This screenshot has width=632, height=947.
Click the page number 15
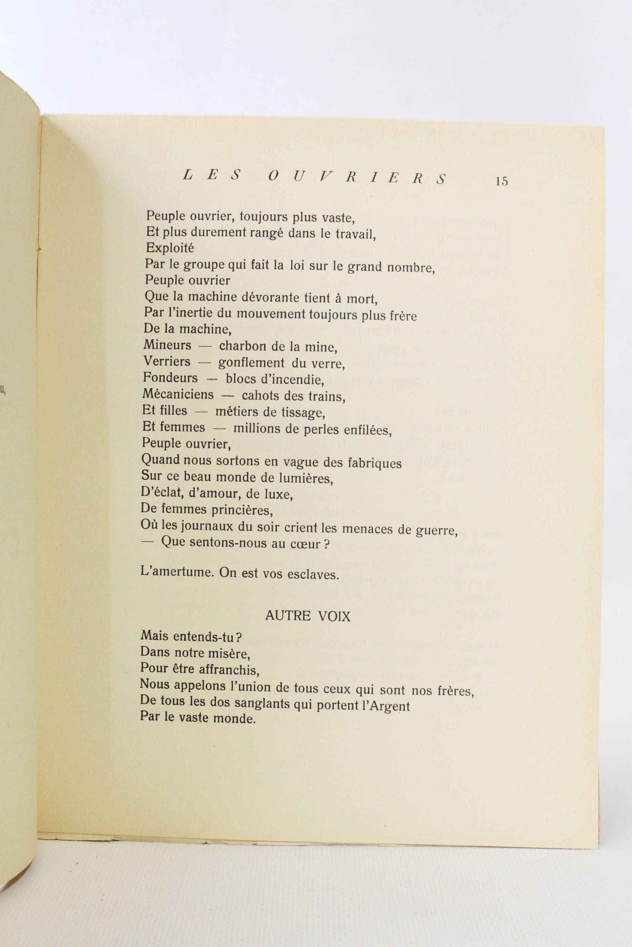tap(502, 182)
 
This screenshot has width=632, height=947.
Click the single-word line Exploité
tap(170, 248)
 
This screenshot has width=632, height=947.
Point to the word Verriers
tap(167, 361)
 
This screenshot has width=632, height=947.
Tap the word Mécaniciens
tap(178, 394)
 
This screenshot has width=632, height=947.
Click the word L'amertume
tap(177, 572)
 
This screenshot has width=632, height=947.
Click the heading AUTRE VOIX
tap(308, 616)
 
